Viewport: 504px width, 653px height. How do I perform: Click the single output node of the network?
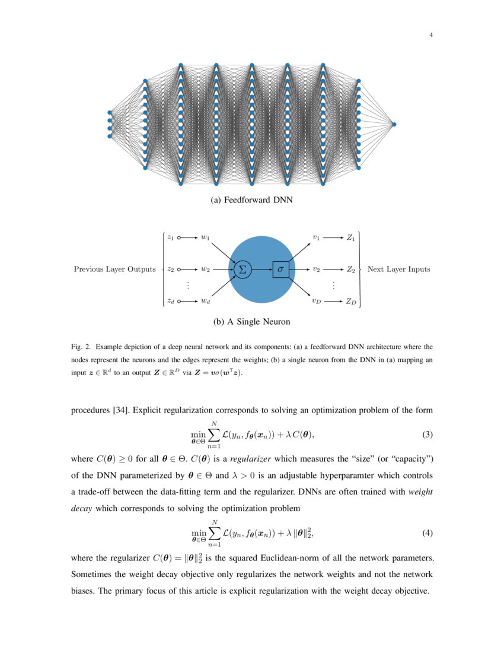coord(394,124)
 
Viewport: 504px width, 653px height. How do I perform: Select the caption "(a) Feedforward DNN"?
coord(252,201)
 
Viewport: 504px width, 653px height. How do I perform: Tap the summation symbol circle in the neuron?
coord(242,269)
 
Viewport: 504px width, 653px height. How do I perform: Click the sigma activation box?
coord(280,269)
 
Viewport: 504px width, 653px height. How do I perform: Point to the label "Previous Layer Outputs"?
coord(114,269)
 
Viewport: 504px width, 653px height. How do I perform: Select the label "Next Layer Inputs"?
coord(399,269)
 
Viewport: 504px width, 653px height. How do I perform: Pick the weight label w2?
coord(205,269)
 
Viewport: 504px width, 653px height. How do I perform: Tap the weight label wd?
coord(205,301)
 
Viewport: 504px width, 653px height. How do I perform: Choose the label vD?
coord(317,301)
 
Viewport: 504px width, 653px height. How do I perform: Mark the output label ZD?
coord(351,301)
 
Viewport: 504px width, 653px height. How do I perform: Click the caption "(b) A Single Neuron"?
coord(252,322)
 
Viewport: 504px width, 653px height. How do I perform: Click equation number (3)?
coord(428,435)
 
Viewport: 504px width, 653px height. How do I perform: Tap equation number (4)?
coord(428,533)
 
